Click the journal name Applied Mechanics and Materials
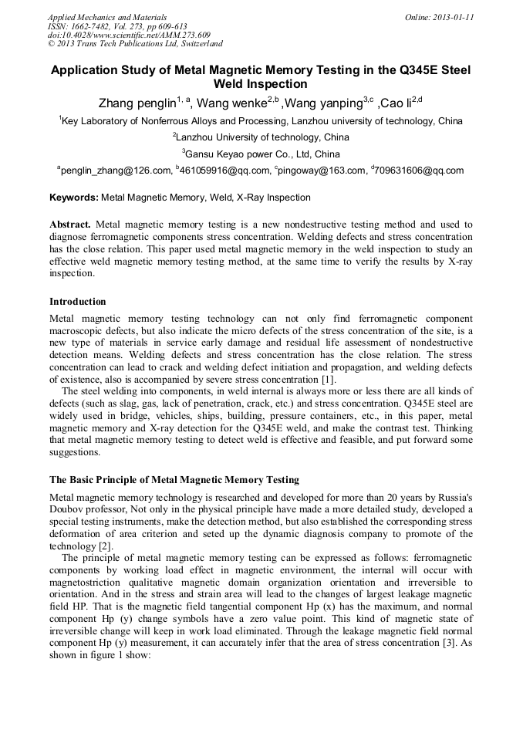(x=107, y=17)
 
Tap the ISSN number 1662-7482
(x=94, y=26)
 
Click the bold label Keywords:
(x=74, y=198)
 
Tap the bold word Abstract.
(x=70, y=225)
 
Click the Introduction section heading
(x=78, y=302)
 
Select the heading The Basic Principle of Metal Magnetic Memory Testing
(x=174, y=480)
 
